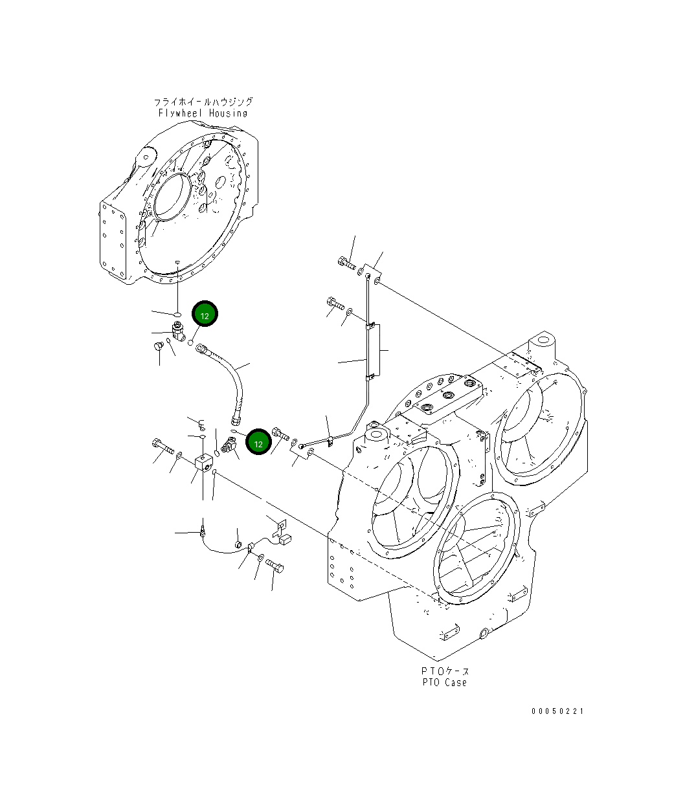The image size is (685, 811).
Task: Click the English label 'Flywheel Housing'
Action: coord(203,113)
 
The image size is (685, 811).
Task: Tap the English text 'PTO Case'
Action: coord(444,682)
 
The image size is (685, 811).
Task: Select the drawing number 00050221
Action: coord(557,711)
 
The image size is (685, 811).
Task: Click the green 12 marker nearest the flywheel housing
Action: coord(205,315)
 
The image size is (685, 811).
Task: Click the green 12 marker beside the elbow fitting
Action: coord(258,443)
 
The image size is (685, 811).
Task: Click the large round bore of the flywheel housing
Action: coord(174,195)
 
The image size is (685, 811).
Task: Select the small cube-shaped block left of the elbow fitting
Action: coord(203,463)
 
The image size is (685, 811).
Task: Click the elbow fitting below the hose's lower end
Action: coord(229,445)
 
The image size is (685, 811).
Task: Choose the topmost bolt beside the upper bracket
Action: coord(346,263)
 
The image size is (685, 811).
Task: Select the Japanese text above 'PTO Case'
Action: coord(444,671)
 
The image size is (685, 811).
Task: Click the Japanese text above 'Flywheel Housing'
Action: coord(203,102)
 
